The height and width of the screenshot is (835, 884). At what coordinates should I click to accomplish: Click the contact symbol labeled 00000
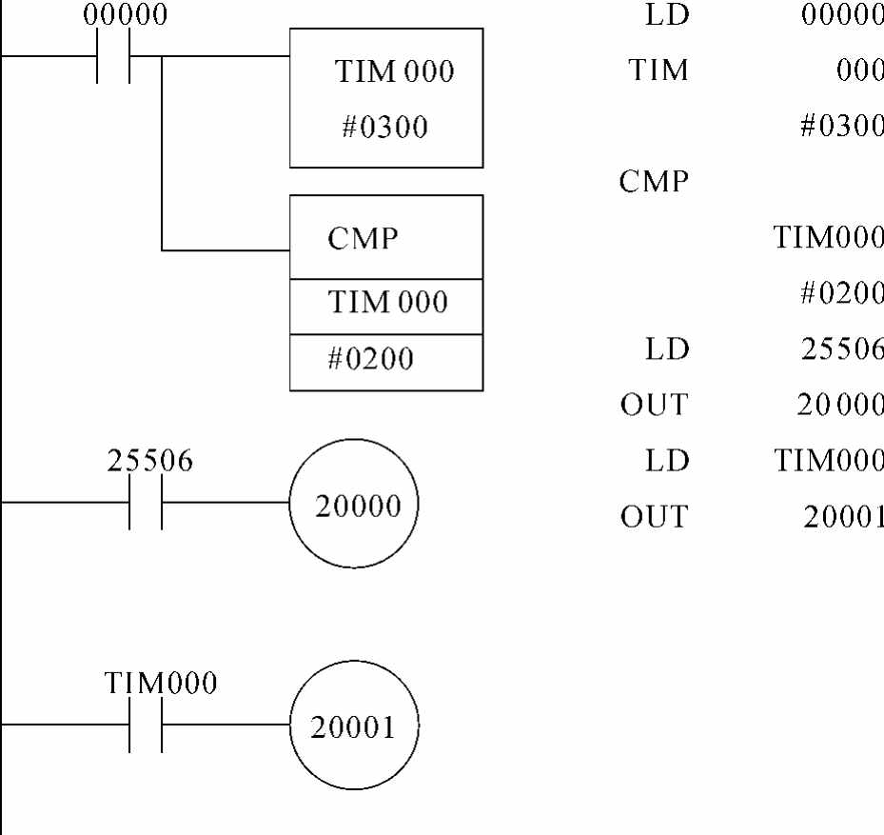coord(113,56)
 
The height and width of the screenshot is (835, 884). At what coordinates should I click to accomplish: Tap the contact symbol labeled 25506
coord(146,502)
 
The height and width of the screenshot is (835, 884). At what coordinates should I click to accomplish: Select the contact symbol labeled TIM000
coord(146,725)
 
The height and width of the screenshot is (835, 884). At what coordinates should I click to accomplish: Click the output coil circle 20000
coord(358,505)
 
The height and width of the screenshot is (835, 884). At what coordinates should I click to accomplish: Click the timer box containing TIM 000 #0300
coord(386,98)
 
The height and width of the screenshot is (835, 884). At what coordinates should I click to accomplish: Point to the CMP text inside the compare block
coord(363,239)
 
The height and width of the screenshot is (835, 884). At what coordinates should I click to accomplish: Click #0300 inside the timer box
coord(384,127)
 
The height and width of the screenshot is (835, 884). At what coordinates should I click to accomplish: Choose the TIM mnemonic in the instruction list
coord(658,70)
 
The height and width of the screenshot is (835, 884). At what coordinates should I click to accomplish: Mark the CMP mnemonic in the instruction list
coord(653,181)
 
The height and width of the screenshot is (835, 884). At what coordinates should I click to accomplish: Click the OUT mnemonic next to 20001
coord(653,516)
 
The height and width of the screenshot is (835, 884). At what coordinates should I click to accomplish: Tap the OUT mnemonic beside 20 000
coord(653,405)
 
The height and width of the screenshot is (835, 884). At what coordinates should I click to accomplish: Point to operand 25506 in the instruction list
coord(843,348)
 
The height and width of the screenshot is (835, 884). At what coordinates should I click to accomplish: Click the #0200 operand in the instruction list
coord(841,293)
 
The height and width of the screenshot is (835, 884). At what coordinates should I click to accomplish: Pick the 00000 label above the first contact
coord(125,15)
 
